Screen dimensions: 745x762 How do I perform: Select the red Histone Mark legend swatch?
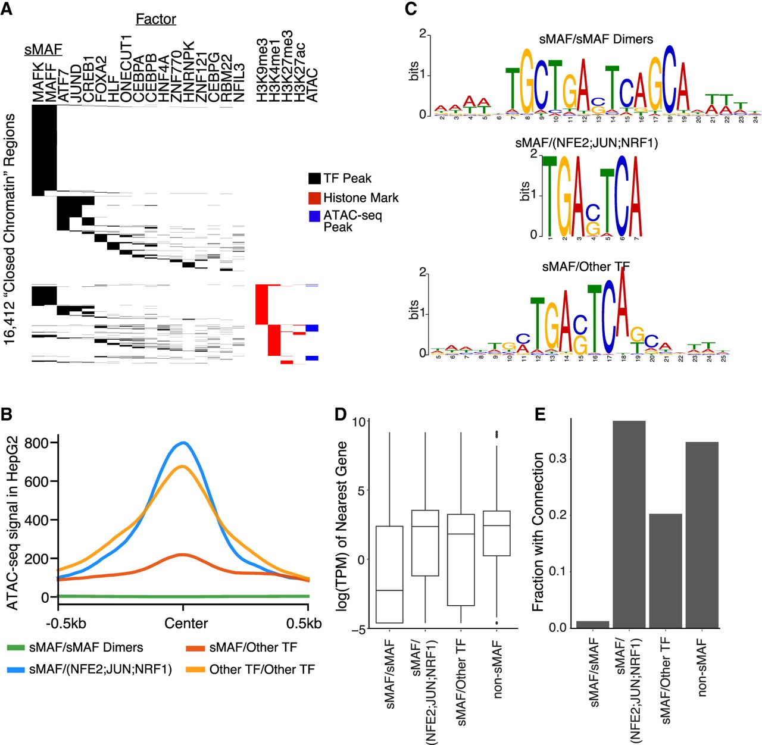pos(314,198)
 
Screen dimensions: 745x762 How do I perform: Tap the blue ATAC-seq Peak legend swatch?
pos(314,217)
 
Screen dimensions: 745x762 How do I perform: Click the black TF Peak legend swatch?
pos(314,179)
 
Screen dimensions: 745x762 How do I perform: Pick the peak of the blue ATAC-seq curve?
pos(183,443)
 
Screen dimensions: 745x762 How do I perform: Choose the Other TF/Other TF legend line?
pos(195,669)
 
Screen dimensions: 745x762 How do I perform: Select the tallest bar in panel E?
pos(629,524)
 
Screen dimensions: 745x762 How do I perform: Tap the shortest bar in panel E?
pos(592,624)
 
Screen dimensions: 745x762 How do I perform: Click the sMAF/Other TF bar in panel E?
pos(666,570)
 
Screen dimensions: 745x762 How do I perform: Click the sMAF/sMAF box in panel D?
pos(389,574)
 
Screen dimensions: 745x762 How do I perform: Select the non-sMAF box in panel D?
pos(496,533)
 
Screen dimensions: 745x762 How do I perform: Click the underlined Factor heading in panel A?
pos(156,19)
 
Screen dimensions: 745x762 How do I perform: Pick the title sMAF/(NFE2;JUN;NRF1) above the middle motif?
pos(586,143)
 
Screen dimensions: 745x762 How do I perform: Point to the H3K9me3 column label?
pos(262,70)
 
